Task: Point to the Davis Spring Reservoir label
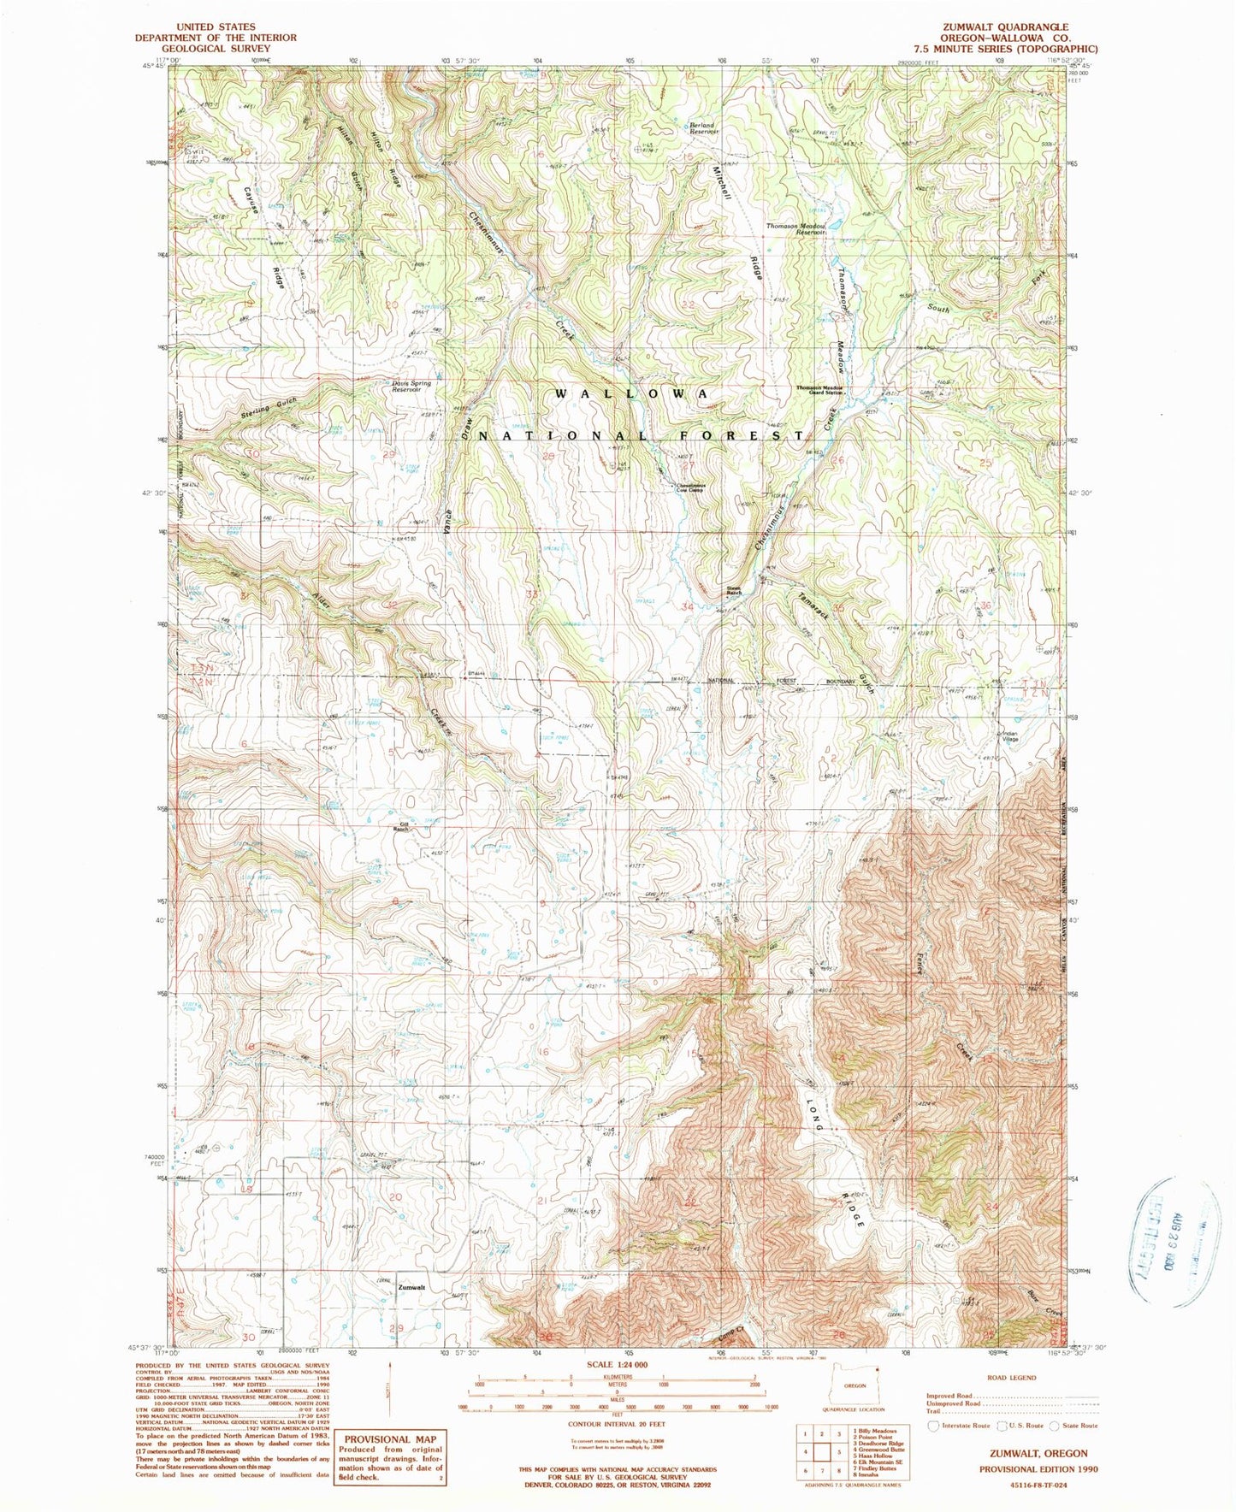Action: click(411, 386)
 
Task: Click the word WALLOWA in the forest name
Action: click(632, 393)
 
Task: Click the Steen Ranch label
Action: click(734, 590)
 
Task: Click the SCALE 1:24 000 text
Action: click(615, 1365)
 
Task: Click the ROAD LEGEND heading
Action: click(1012, 1378)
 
